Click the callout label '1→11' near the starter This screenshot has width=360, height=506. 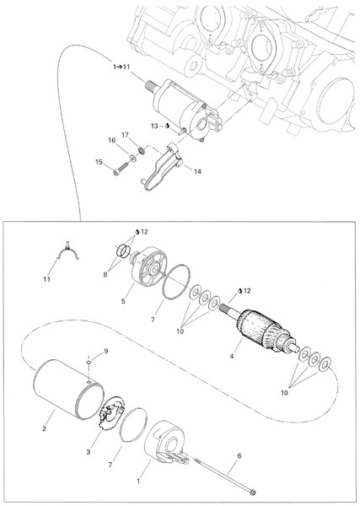(x=121, y=67)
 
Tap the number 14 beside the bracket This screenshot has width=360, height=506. (x=197, y=171)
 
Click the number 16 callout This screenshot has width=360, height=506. (x=111, y=141)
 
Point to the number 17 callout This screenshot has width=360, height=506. (x=125, y=135)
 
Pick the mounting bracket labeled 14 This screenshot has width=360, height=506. (x=162, y=168)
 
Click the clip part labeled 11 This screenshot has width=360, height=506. (x=68, y=251)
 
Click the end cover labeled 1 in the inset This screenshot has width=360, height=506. (x=167, y=441)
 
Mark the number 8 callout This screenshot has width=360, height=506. (x=105, y=275)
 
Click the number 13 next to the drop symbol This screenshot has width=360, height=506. (x=155, y=126)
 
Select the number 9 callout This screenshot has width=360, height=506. (x=105, y=352)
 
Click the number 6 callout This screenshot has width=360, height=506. (x=239, y=456)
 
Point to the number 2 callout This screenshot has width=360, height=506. (x=44, y=428)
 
